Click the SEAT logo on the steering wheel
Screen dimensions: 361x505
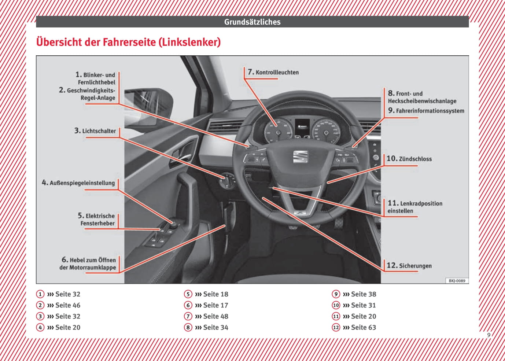pos(300,156)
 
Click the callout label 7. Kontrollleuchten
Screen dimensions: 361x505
pos(273,72)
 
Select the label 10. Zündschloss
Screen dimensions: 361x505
pos(409,159)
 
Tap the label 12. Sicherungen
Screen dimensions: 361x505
pos(409,266)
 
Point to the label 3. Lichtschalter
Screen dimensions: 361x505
pos(95,131)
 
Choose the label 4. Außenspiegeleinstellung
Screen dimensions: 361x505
pos(78,183)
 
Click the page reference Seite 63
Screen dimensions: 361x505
pos(363,327)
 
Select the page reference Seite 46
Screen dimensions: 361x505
pos(67,305)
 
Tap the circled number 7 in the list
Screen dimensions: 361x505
pos(188,316)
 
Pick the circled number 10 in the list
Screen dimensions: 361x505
pos(336,305)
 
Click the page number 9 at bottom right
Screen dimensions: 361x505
pos(489,335)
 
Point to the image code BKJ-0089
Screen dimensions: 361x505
pos(457,281)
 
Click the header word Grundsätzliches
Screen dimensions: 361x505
pos(252,22)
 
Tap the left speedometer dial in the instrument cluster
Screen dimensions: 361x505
pos(278,131)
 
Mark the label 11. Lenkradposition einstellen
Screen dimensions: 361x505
pos(414,207)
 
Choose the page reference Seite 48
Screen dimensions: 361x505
pos(215,316)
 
